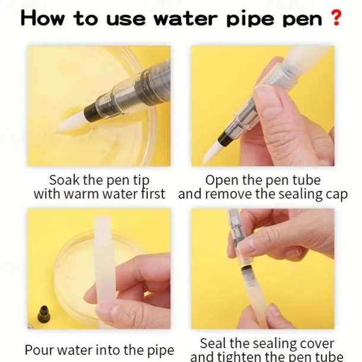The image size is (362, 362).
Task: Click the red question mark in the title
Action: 336,18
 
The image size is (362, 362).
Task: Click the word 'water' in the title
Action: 186,19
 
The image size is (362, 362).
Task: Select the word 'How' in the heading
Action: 42,18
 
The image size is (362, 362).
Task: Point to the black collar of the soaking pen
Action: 91,112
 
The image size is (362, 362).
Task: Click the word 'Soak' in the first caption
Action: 64,180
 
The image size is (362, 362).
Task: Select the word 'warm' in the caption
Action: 81,194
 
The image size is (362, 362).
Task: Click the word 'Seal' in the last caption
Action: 213,344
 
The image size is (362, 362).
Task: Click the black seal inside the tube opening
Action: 246,269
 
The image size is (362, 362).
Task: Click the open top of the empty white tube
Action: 101,218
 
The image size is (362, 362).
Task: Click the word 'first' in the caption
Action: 153,193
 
